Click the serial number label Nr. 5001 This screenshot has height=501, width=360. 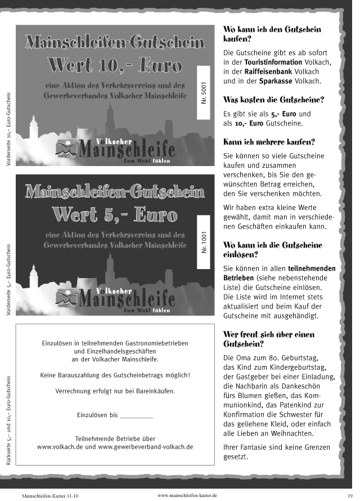(x=204, y=92)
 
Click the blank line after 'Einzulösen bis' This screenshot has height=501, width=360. (x=137, y=415)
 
